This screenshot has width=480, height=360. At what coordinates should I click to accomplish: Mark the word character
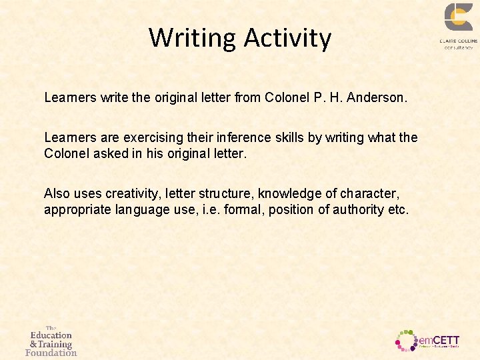pos(371,194)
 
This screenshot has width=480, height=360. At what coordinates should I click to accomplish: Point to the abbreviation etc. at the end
pos(399,209)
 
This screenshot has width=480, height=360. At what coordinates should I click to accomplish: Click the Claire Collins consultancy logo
pos(458,25)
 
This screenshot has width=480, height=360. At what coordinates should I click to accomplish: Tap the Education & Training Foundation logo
pos(51,341)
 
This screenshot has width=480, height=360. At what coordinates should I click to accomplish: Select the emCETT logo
pos(427,339)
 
